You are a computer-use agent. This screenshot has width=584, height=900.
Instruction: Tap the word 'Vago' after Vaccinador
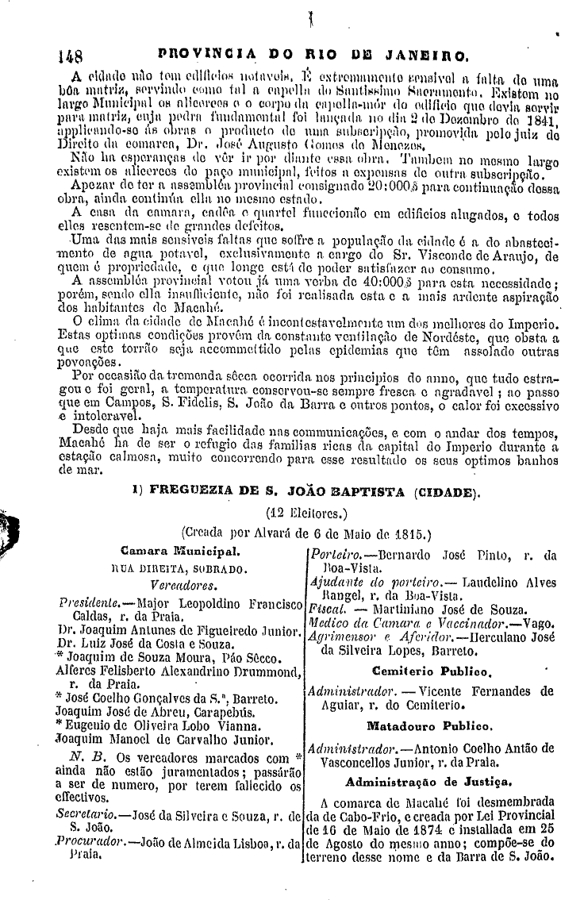539,622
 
